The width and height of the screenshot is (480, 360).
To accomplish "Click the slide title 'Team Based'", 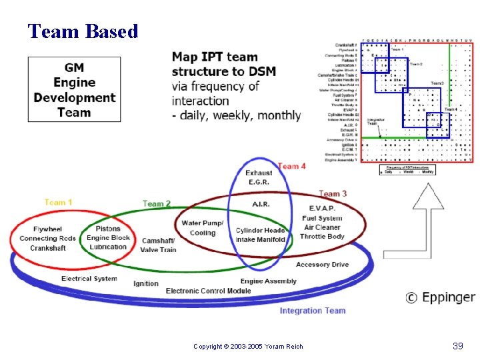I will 83,31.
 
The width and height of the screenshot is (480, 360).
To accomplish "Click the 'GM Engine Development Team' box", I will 74,90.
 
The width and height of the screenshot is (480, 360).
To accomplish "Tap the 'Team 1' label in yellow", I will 59,203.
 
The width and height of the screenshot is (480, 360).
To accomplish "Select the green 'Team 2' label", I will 157,203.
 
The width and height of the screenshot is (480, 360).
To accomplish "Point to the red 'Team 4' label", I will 291,166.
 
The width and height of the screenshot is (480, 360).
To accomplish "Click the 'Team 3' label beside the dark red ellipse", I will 333,193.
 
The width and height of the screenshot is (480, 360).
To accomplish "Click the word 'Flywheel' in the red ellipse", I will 47,229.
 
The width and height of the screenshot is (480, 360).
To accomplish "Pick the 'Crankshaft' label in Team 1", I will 47,248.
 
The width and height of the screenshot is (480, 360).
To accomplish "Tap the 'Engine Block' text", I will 108,238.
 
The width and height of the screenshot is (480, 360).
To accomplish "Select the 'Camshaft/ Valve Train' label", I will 158,245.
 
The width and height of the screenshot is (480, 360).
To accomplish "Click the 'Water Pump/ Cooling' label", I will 203,228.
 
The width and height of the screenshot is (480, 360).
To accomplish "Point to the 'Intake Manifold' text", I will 261,239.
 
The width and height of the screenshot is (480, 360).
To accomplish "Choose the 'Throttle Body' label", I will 322,237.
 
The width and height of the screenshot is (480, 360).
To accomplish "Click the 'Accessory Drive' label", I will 322,265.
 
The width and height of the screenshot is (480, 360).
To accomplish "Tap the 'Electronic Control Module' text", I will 208,291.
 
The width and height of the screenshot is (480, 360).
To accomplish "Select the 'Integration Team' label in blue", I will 312,311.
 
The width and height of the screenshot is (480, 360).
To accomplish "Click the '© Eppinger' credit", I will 441,297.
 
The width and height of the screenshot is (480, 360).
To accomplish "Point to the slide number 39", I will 457,345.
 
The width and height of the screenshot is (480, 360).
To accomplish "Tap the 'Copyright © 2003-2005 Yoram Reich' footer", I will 248,346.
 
